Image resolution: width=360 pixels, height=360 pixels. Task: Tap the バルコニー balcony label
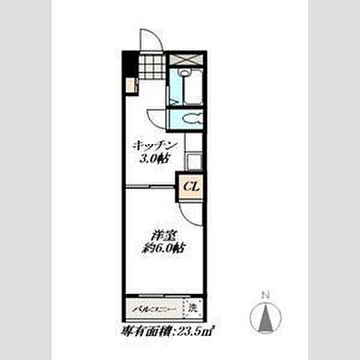[154, 308]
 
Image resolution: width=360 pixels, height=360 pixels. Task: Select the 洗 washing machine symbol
[193, 307]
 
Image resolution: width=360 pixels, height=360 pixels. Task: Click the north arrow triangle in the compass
[265, 319]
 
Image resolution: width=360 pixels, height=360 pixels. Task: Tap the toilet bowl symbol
[188, 119]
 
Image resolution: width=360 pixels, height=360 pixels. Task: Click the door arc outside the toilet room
[157, 118]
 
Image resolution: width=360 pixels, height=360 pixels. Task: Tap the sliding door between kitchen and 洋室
[150, 184]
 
